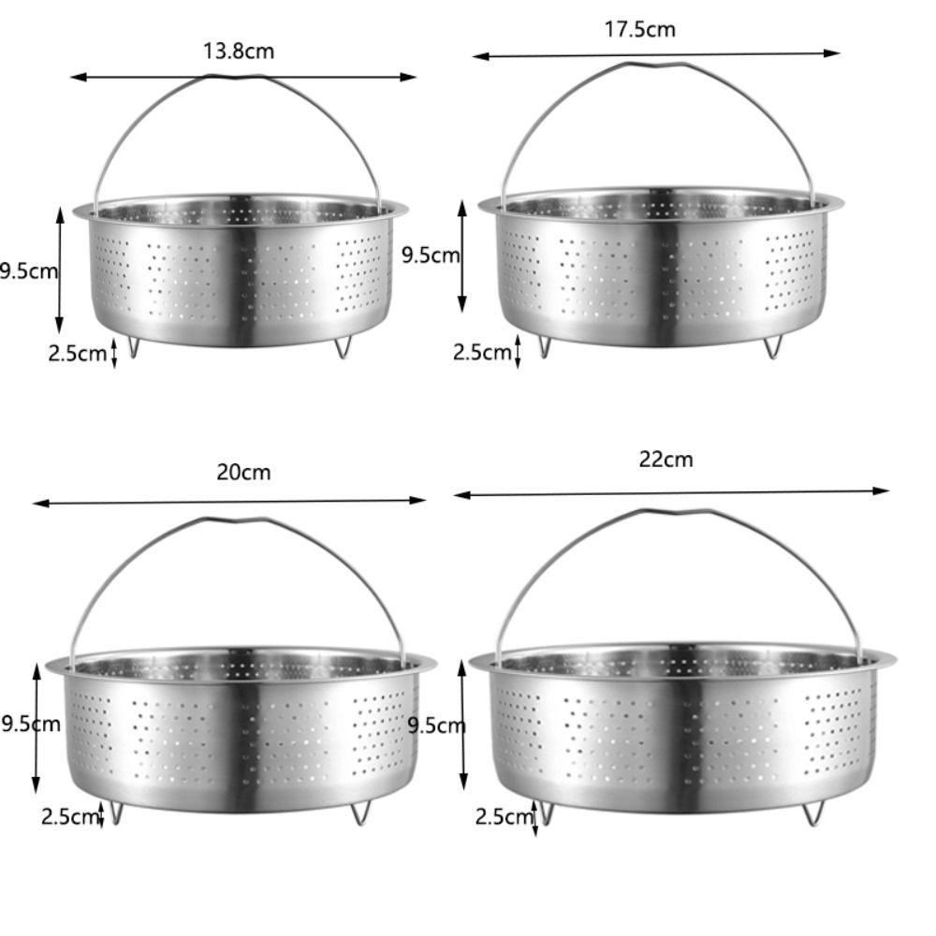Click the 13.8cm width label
pyautogui.click(x=239, y=51)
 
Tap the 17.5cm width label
pyautogui.click(x=640, y=29)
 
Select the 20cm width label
pyautogui.click(x=243, y=472)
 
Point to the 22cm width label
pyautogui.click(x=666, y=460)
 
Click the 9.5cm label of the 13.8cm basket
pyautogui.click(x=29, y=271)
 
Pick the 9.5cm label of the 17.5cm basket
pyautogui.click(x=431, y=255)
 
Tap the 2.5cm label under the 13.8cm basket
pyautogui.click(x=77, y=353)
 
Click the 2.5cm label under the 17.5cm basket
pyautogui.click(x=482, y=352)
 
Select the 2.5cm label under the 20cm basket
pyautogui.click(x=70, y=816)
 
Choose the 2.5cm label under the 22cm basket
pyautogui.click(x=504, y=816)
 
